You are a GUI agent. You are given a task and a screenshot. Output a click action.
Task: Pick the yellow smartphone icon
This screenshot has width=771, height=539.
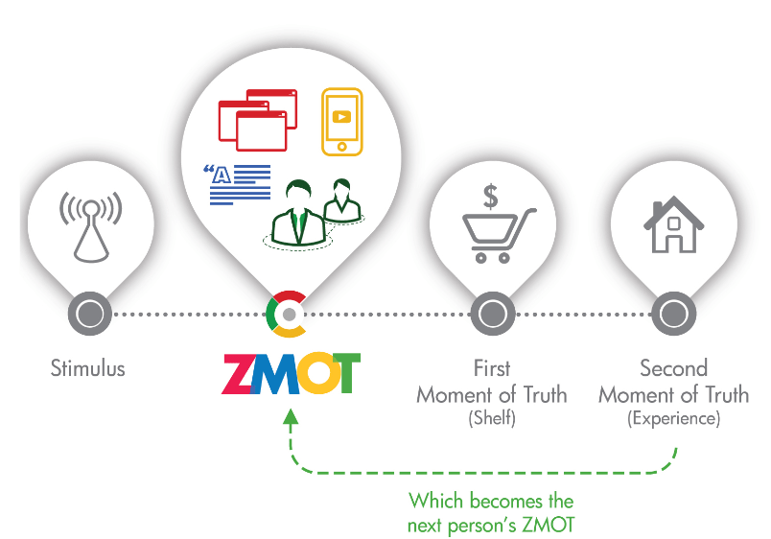341,121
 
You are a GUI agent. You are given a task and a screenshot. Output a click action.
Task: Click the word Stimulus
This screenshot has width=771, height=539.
88,368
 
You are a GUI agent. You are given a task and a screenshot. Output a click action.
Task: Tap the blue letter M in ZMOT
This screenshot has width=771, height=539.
278,374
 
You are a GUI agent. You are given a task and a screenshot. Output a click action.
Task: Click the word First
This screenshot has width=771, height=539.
492,368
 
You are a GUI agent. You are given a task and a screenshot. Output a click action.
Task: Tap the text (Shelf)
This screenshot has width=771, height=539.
492,418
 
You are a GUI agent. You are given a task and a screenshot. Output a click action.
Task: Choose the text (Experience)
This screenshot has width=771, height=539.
673,418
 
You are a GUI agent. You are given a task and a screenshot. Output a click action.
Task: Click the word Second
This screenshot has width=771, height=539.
673,368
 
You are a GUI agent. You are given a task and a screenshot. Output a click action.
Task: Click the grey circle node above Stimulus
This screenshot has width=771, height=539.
89,314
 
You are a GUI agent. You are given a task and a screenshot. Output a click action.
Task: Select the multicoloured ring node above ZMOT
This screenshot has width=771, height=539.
288,314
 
